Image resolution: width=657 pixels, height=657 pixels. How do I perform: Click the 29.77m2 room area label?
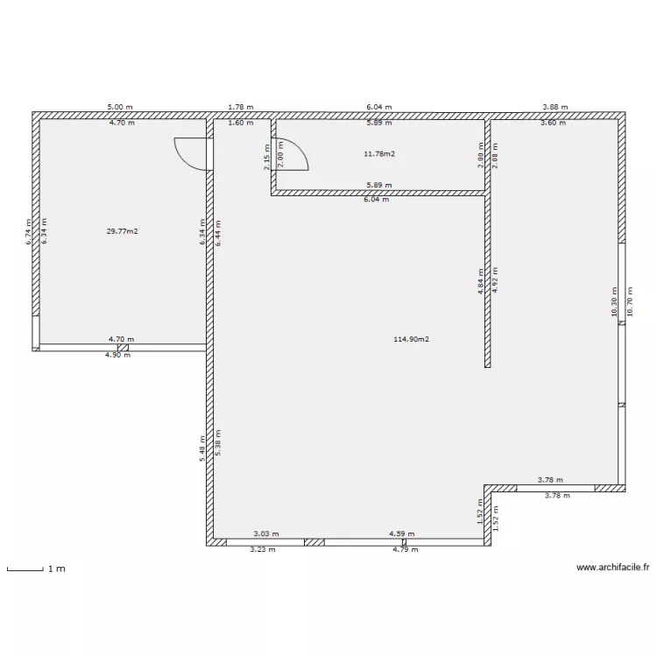coord(123,231)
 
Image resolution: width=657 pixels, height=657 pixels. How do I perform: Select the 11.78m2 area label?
coord(378,154)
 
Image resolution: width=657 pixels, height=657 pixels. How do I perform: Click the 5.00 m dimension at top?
coord(120,107)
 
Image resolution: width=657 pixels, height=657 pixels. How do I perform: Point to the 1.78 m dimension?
coord(240,107)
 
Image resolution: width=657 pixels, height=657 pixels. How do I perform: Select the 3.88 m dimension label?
coord(555,107)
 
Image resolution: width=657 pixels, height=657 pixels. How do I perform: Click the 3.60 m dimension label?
coord(553,123)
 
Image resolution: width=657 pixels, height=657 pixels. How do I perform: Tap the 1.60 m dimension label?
coord(240,123)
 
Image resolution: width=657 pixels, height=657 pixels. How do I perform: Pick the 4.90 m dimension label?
coord(118,355)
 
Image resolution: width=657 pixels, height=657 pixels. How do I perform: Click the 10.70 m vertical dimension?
coord(631,302)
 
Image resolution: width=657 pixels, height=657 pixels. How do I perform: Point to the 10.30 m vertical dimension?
coord(615,302)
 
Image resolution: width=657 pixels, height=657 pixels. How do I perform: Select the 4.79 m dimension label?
coord(405,550)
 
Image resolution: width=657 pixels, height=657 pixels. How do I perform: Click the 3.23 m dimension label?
coord(263,550)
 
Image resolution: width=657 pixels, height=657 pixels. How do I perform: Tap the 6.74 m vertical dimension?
coord(28,231)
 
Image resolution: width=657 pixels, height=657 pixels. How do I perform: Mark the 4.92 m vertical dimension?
coord(495,284)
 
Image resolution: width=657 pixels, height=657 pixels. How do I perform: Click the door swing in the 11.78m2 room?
coord(293,156)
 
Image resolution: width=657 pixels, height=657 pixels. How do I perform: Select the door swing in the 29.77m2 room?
coord(191,154)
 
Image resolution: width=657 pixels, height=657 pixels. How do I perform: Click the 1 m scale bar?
coord(26,570)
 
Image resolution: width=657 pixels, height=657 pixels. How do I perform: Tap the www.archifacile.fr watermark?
coord(612,568)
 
